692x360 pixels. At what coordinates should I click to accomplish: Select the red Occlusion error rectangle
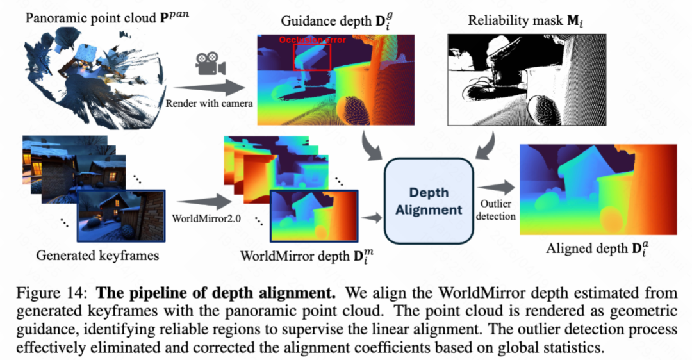pyautogui.click(x=312, y=56)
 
